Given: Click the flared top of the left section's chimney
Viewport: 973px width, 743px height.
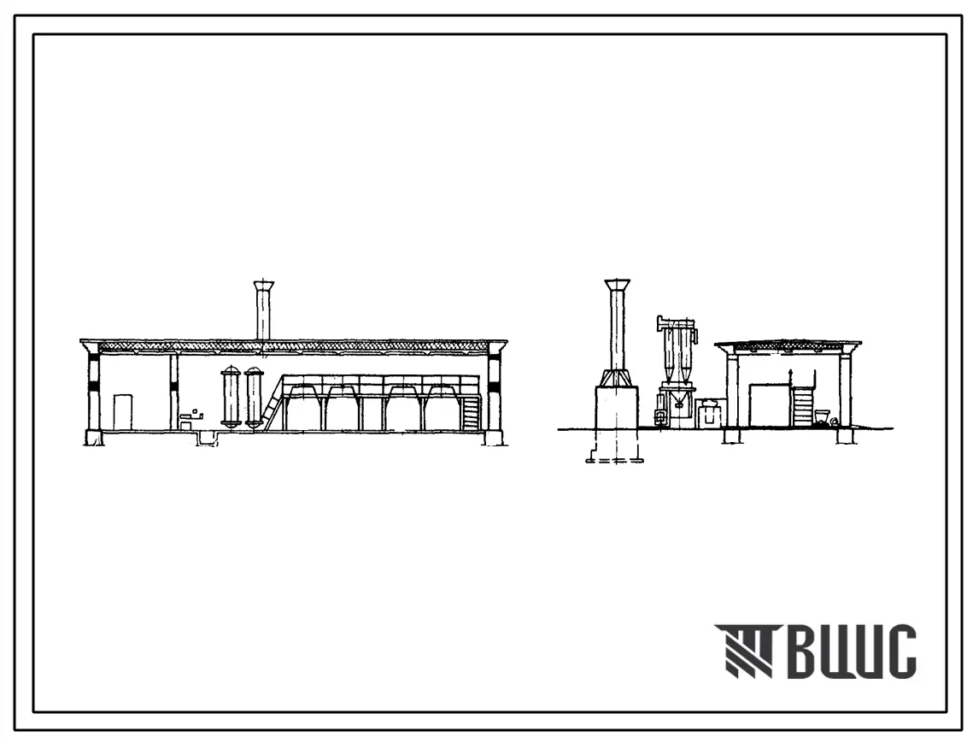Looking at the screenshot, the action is coord(264,286).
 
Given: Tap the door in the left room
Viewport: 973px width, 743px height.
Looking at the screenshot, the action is coord(123,411).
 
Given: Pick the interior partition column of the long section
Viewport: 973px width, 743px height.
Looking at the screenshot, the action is coord(173,392).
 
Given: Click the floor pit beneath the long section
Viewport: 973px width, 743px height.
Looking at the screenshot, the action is coord(209,438).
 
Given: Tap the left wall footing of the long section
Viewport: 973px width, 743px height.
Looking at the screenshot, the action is coord(94,438).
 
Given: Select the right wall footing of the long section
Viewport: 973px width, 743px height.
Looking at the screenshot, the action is coord(495,438).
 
